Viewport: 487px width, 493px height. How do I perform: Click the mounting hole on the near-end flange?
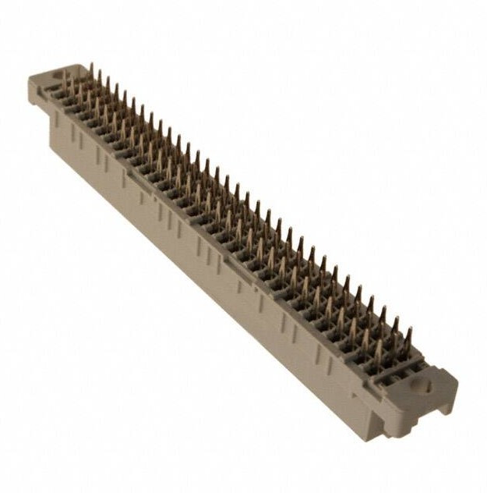point(424,385)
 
